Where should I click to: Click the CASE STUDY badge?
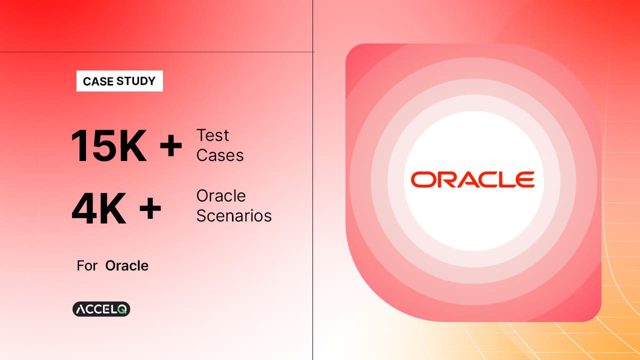119,81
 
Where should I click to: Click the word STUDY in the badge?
136,81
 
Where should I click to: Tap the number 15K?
109,145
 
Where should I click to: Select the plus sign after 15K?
171,145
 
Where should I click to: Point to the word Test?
212,135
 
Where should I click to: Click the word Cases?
220,155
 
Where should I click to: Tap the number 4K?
99,208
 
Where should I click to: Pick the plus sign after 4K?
150,208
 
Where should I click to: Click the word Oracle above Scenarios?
221,196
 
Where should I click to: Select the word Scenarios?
234,215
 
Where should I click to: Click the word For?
87,265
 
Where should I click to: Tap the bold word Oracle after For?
127,265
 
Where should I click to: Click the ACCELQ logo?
101,309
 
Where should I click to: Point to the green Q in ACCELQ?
122,309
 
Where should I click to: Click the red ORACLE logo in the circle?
473,179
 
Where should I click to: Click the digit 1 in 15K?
79,145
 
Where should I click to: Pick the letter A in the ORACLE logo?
463,179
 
